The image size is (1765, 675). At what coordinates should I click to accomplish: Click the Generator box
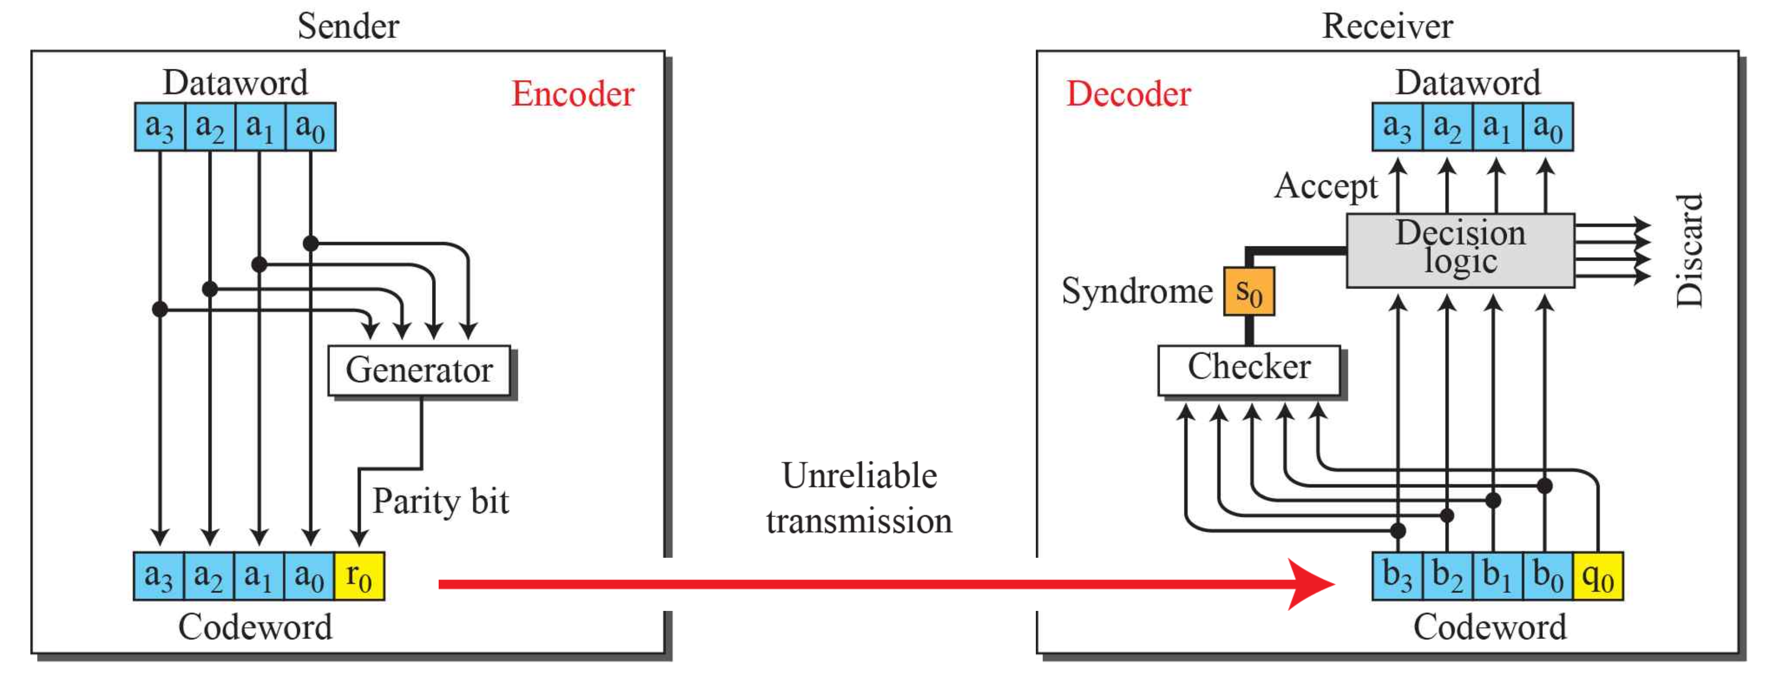(419, 370)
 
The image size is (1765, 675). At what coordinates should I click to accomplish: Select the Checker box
(1249, 369)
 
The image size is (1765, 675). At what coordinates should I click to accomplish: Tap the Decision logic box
(1460, 249)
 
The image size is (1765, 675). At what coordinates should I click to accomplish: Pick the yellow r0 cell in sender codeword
(359, 576)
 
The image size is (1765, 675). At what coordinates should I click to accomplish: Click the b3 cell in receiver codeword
(1397, 576)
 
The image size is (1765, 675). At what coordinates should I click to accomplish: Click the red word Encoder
(573, 94)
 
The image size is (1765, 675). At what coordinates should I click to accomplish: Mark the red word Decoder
(1128, 94)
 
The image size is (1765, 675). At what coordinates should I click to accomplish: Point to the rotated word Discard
(1689, 250)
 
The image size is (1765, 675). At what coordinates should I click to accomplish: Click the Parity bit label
(440, 501)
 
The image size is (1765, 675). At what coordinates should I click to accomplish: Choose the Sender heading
(348, 27)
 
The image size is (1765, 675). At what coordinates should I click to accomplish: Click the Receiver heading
(1387, 27)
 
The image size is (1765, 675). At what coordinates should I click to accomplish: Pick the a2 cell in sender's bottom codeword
(208, 576)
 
